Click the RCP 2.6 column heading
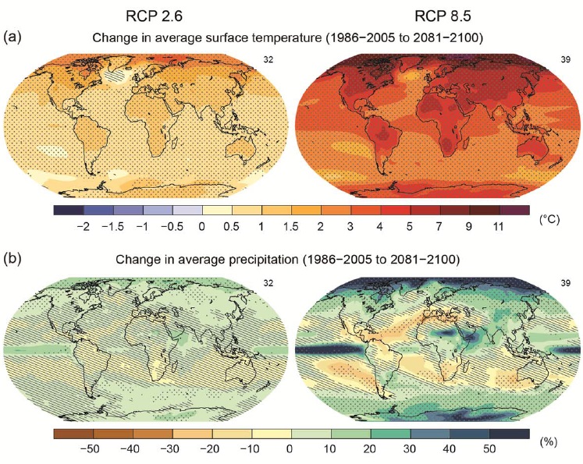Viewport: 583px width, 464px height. pos(157,15)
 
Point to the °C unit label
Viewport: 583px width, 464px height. pos(549,220)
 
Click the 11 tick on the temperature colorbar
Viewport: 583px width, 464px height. pos(499,226)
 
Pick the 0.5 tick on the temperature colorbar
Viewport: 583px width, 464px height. pos(231,226)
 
